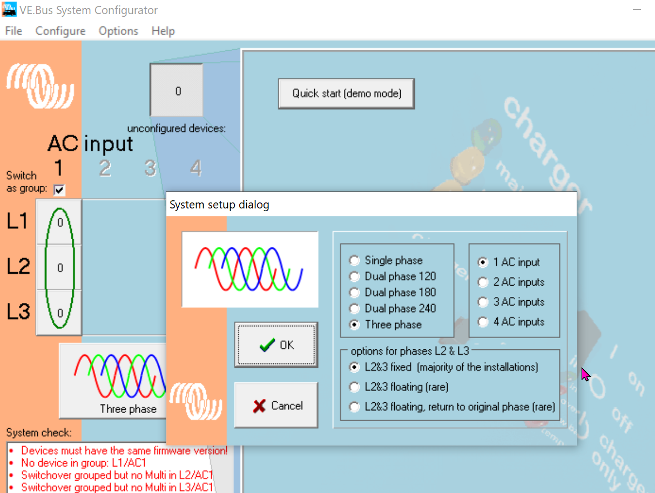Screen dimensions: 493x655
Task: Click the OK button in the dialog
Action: pos(276,345)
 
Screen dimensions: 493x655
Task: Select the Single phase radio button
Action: pos(354,261)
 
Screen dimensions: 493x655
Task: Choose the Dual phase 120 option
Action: pos(354,277)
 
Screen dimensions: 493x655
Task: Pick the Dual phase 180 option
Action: pos(354,293)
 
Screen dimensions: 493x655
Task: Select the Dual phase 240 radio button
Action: pos(354,309)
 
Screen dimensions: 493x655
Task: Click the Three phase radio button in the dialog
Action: pos(354,325)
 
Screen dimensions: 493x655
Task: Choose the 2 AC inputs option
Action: pos(483,282)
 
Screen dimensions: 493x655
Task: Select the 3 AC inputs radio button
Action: pos(483,302)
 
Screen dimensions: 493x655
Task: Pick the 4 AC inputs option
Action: pos(483,322)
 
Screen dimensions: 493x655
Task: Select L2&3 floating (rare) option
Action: pos(354,387)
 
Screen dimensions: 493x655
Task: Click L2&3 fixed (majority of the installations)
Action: pos(354,367)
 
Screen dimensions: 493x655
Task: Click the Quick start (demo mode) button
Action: pos(347,93)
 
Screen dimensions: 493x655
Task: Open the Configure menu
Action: pos(60,31)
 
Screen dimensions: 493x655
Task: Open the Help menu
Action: pos(163,31)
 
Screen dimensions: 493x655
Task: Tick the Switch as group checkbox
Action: pos(59,190)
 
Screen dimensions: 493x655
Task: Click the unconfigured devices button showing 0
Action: pos(177,91)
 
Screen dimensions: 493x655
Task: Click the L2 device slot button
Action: pos(59,267)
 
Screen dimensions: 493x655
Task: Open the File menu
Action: pos(13,31)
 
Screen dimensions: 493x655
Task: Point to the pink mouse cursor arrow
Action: pos(585,374)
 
